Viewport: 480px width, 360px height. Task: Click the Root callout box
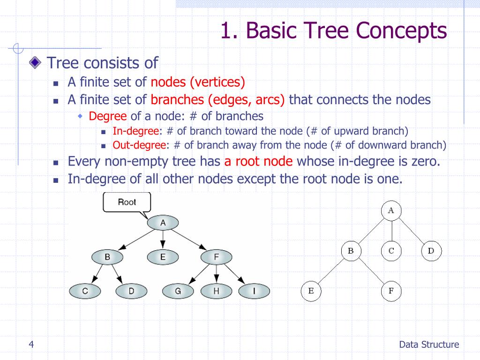tap(127, 202)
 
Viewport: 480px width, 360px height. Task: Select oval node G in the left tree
tap(178, 291)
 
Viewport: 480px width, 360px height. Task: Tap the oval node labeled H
tap(216, 291)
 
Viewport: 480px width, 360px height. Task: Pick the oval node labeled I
tap(254, 291)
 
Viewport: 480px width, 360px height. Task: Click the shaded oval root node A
tap(163, 223)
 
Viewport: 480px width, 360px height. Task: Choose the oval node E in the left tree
tap(163, 257)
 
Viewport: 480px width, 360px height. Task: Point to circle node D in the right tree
tap(431, 251)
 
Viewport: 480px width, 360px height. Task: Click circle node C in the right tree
tap(391, 251)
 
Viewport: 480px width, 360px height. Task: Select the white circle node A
tap(391, 210)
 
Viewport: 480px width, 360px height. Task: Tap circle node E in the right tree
tap(311, 291)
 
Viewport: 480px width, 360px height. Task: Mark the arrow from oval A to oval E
tap(163, 240)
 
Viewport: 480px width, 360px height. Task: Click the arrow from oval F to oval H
tap(217, 273)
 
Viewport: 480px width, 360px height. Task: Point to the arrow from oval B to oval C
tap(97, 273)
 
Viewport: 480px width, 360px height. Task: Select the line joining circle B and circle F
tap(371, 270)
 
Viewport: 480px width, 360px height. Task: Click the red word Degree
tap(107, 116)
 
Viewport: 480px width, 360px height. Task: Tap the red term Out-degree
tap(139, 145)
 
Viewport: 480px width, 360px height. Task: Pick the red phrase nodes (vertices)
tap(198, 82)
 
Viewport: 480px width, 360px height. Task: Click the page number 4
tap(31, 345)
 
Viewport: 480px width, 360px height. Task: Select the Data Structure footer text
tap(429, 345)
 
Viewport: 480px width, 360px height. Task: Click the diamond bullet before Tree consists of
tap(35, 63)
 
